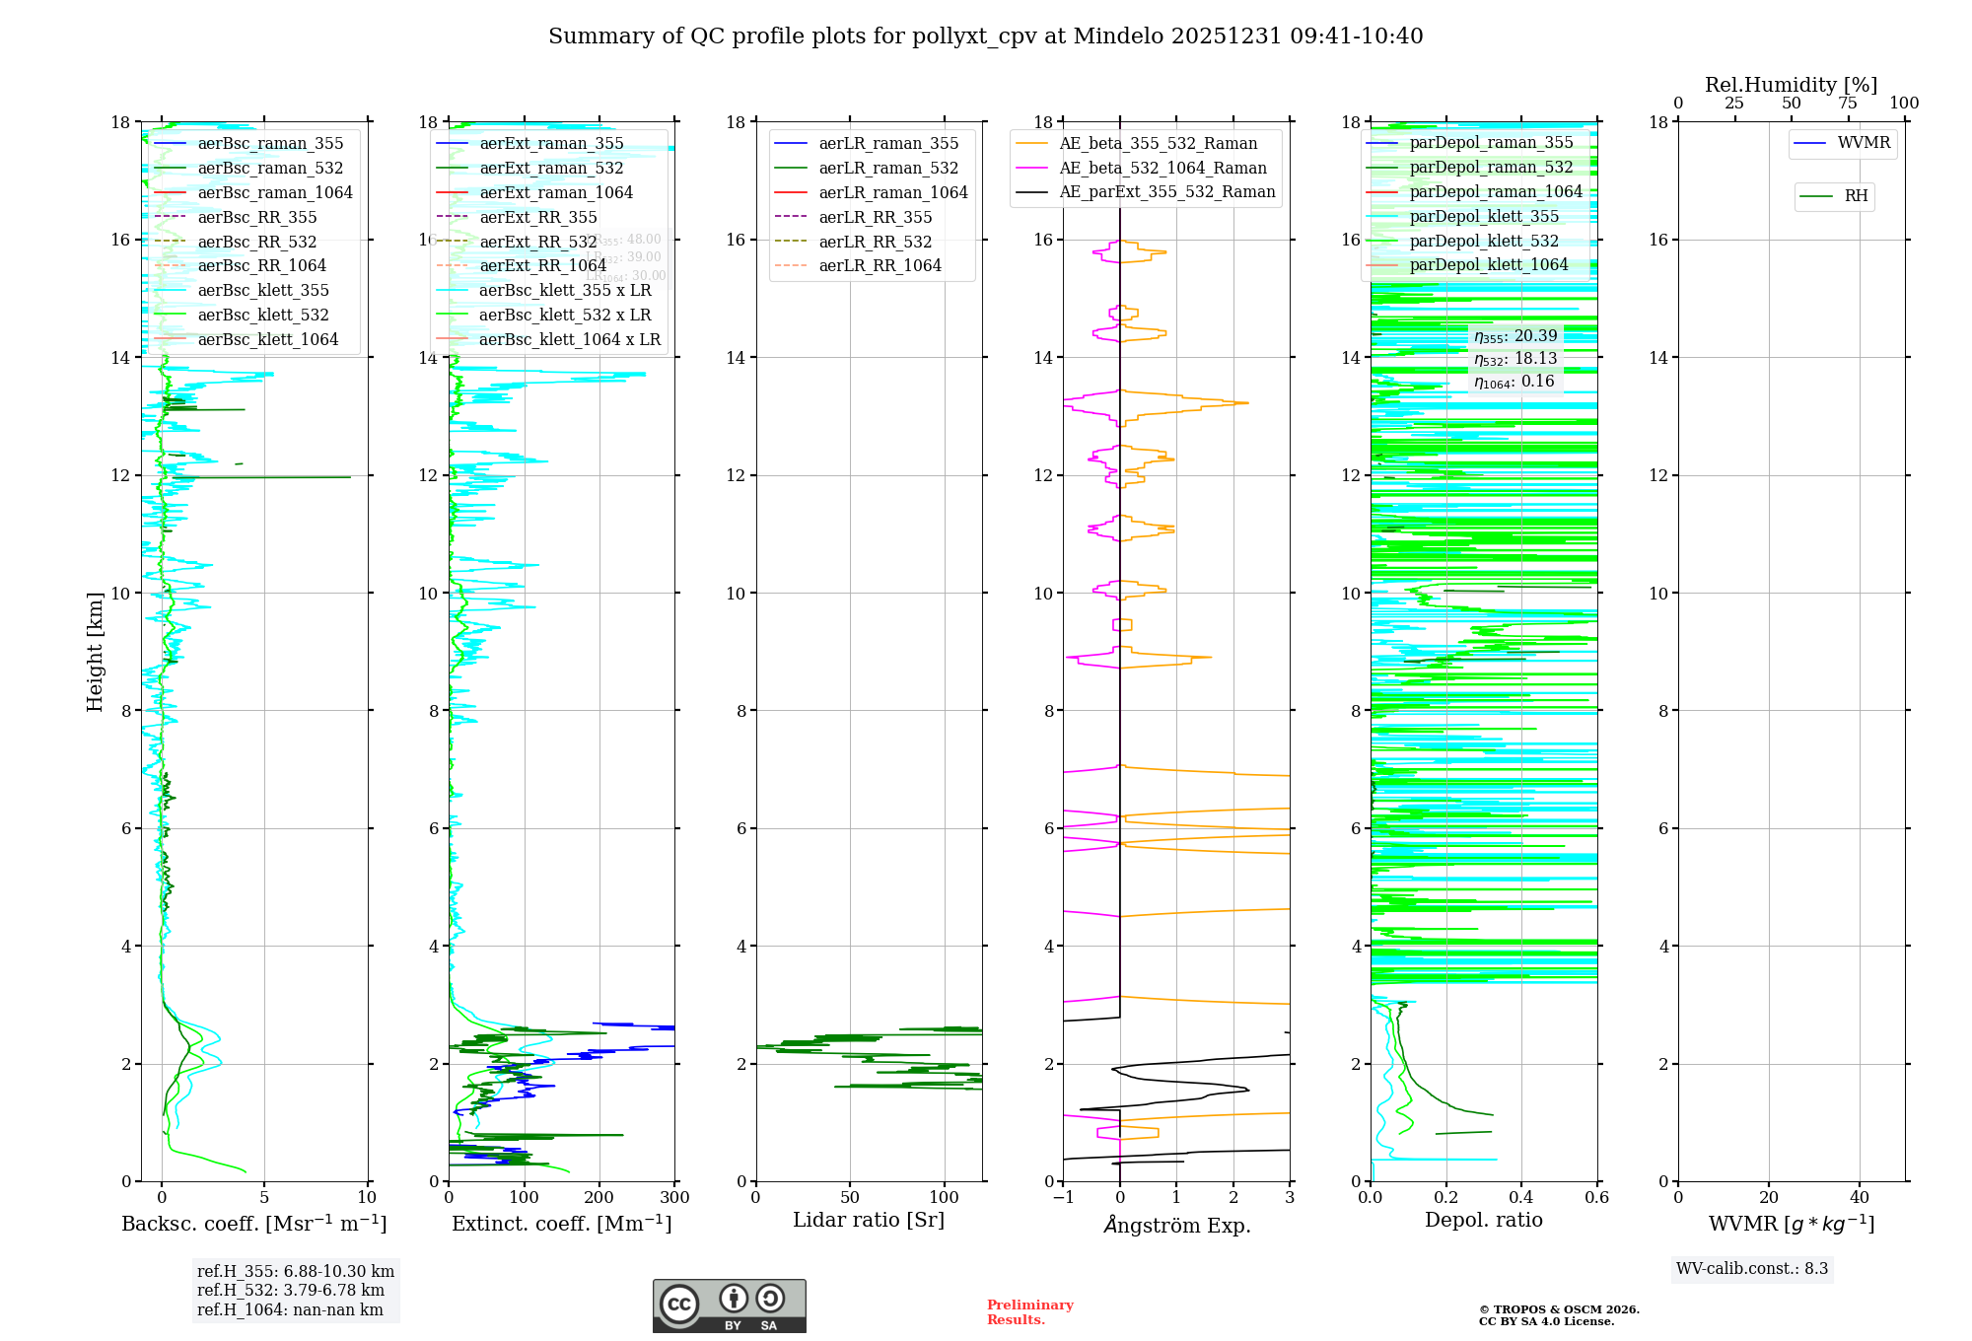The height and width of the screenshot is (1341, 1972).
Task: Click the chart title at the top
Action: click(985, 36)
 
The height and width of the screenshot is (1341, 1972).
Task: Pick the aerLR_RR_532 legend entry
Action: click(875, 243)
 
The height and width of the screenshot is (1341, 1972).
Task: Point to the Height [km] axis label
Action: click(95, 651)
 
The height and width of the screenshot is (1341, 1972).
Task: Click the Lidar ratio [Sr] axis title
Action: click(869, 1221)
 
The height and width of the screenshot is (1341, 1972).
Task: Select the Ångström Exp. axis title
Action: click(1177, 1225)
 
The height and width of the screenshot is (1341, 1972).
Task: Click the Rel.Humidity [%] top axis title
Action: click(1791, 85)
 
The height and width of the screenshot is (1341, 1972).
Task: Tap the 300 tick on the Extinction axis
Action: click(675, 1198)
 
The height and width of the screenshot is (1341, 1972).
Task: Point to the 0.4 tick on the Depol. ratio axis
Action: click(1521, 1198)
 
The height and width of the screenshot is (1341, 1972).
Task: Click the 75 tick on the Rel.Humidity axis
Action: click(1848, 104)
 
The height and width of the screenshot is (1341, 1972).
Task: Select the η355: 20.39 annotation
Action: click(1515, 336)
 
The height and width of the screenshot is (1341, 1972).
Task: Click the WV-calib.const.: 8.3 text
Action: click(1752, 1269)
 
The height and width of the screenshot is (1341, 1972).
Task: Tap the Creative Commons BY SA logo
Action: click(729, 1306)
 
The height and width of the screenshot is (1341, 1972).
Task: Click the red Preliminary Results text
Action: click(1029, 1312)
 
